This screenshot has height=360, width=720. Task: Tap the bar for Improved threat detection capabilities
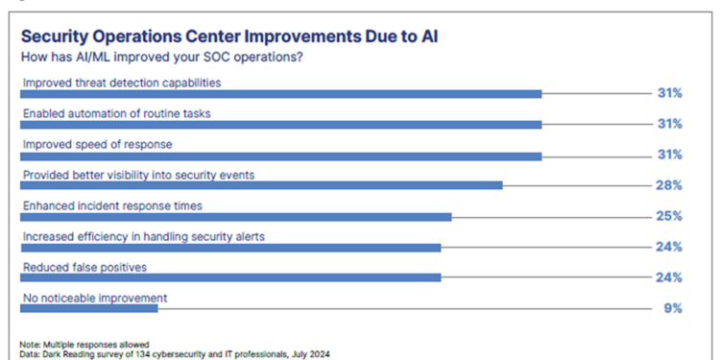pos(281,93)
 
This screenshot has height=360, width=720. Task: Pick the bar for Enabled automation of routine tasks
pos(281,124)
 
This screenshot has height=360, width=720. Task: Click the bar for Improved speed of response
pos(281,155)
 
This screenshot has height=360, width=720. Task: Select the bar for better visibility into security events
pos(262,185)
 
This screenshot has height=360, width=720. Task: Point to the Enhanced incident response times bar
pos(236,216)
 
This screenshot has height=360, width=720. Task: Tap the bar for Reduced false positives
pos(231,277)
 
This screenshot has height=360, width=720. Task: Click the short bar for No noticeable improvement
pos(89,308)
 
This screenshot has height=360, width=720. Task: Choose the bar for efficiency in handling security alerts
pos(231,247)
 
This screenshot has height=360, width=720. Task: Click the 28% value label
pos(670,185)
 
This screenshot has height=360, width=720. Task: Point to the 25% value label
pos(670,216)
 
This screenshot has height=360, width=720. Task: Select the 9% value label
pos(673,308)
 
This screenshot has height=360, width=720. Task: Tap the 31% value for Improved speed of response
pos(670,155)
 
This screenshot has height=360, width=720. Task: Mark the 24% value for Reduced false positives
pos(670,277)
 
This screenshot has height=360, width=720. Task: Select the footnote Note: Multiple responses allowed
pos(84,344)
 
